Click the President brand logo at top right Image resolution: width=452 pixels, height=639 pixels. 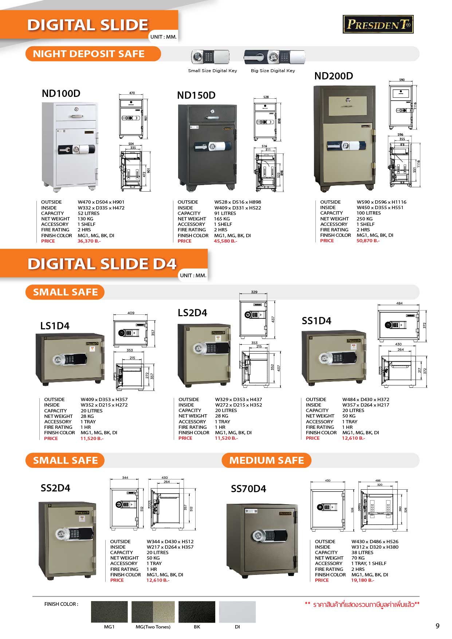pyautogui.click(x=378, y=24)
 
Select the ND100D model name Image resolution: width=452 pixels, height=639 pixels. pyautogui.click(x=61, y=94)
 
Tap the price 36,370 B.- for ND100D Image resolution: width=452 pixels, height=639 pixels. pyautogui.click(x=89, y=241)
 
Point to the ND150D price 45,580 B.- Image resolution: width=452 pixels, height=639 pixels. pyautogui.click(x=225, y=241)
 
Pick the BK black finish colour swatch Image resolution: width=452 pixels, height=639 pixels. pyautogui.click(x=197, y=612)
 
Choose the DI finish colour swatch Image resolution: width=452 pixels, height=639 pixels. pyautogui.click(x=237, y=612)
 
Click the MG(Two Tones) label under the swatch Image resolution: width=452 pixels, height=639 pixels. pyautogui.click(x=153, y=627)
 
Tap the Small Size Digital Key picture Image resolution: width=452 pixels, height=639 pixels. pyautogui.click(x=211, y=57)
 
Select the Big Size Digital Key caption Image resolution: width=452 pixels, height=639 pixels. pyautogui.click(x=273, y=71)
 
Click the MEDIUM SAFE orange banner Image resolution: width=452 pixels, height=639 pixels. pyautogui.click(x=266, y=460)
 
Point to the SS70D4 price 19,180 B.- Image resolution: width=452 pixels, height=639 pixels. pyautogui.click(x=362, y=580)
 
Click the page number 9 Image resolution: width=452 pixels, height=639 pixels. pyautogui.click(x=437, y=626)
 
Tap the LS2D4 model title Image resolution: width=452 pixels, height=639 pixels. pyautogui.click(x=192, y=313)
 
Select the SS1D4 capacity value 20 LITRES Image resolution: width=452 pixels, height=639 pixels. pyautogui.click(x=353, y=411)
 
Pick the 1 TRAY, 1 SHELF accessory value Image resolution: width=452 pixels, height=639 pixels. pyautogui.click(x=369, y=564)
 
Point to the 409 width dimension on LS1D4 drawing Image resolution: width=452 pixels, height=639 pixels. pyautogui.click(x=131, y=313)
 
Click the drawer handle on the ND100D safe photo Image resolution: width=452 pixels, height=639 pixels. pyautogui.click(x=77, y=117)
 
